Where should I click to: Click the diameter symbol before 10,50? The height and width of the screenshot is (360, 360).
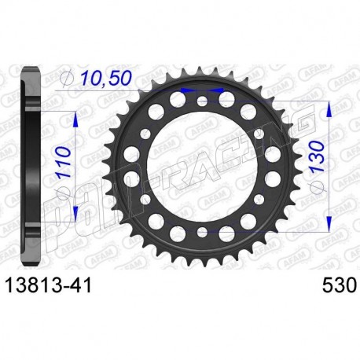coord(68,79)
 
